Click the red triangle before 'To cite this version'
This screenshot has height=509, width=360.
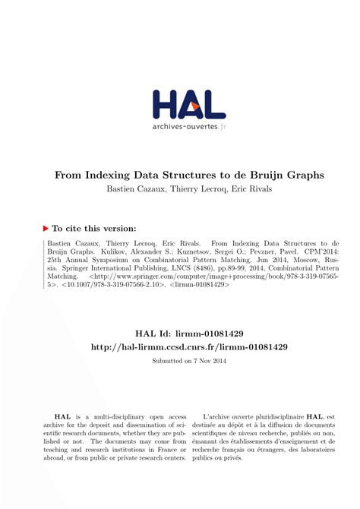(44, 227)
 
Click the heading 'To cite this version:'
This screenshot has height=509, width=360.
(93, 228)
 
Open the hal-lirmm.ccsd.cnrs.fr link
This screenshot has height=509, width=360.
(179, 349)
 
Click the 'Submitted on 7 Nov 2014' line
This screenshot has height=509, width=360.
(179, 362)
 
